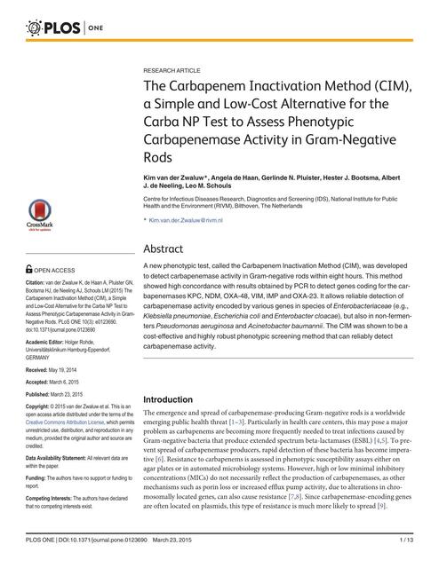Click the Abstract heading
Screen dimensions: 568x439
click(164, 249)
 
